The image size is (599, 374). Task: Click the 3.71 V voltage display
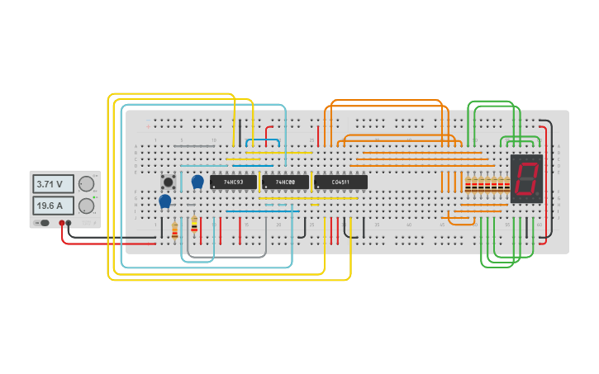pos(53,183)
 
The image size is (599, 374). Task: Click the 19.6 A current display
pos(53,205)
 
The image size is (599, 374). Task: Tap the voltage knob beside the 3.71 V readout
pos(86,183)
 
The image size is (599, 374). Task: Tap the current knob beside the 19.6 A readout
pos(86,205)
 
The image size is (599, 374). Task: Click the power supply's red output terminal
pos(62,223)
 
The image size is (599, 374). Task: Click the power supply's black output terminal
pos(69,223)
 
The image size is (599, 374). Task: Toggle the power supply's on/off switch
pos(44,223)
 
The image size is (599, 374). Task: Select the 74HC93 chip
pos(233,182)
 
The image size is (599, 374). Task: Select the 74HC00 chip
pos(284,182)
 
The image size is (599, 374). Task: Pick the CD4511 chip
pos(340,182)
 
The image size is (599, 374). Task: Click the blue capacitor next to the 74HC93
pos(197,181)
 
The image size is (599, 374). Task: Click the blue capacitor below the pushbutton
pos(164,200)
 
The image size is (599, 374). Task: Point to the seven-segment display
pos(526,178)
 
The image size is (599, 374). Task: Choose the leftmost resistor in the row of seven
pos(468,185)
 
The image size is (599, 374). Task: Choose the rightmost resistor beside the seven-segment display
pos(507,185)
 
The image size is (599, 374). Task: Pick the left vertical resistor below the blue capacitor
pos(174,229)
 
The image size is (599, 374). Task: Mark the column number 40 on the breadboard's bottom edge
pos(408,225)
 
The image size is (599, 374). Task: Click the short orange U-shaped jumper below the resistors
pos(461,220)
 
